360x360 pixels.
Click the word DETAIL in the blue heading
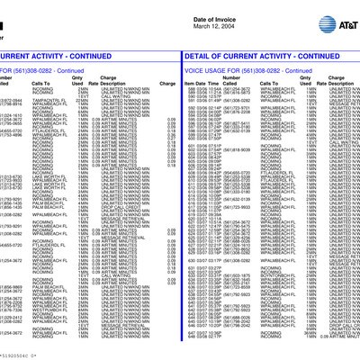(199, 56)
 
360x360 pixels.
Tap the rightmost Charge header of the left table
(167, 84)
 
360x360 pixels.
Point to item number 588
(192, 90)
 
